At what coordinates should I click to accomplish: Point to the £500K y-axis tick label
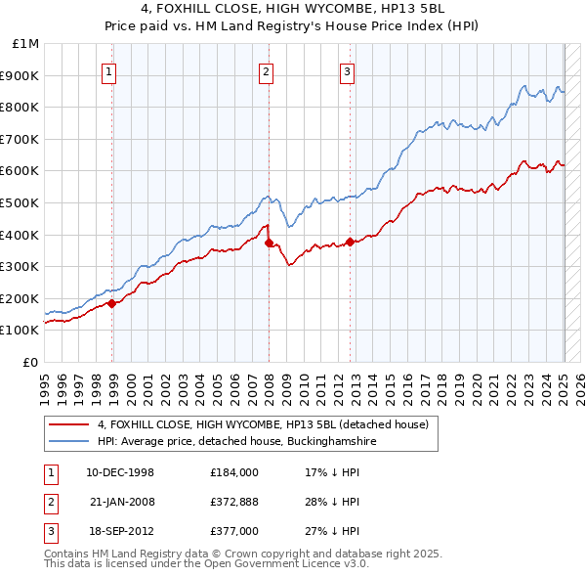coord(20,202)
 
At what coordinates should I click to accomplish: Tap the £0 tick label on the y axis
coord(31,362)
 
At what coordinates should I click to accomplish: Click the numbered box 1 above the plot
coord(108,70)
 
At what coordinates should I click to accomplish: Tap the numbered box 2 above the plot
coord(266,70)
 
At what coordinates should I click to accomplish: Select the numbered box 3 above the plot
coord(347,70)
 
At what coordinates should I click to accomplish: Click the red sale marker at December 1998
coord(112,303)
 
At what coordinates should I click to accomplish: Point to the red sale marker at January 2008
coord(269,243)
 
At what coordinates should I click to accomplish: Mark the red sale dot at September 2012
coord(351,242)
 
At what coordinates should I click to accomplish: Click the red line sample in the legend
coord(70,424)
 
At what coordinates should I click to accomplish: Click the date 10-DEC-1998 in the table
coord(120,472)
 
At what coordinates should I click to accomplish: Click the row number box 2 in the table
coord(48,502)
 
